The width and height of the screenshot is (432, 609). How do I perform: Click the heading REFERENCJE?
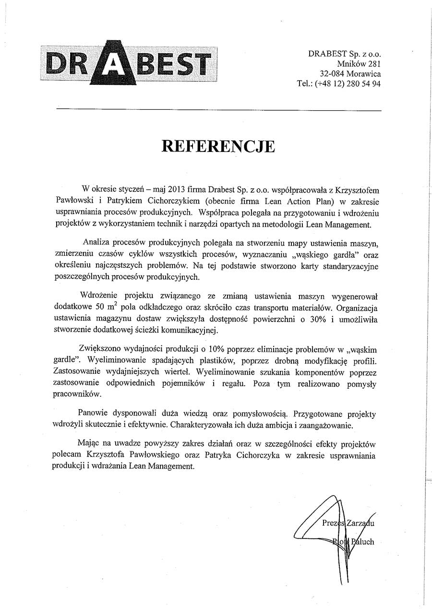coord(218,146)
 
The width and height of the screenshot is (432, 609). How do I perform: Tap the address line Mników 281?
coord(359,64)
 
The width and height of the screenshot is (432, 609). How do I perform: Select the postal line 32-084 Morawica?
coord(350,74)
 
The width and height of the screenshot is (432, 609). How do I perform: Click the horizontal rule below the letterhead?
coord(218,110)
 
